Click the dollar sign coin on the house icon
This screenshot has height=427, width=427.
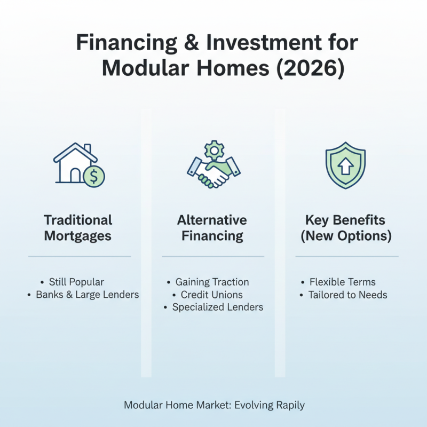(94, 176)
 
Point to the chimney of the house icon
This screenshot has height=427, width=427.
(87, 148)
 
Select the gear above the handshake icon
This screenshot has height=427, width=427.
(213, 150)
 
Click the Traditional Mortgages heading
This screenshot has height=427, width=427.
(78, 228)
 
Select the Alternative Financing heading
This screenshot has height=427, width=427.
(212, 228)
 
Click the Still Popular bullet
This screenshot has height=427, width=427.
(76, 282)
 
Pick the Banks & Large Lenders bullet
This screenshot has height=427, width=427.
(87, 295)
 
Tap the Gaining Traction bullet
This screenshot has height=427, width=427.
(212, 282)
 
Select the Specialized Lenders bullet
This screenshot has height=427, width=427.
(217, 307)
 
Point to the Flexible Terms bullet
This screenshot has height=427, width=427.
(345, 282)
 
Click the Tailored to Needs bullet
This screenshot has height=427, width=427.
(347, 295)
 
